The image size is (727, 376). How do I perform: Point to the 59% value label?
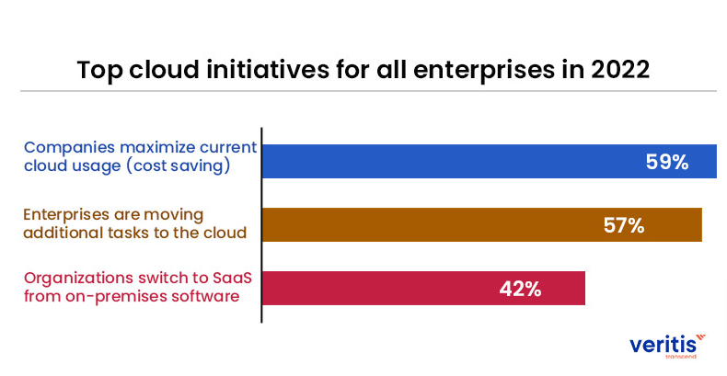coord(666,162)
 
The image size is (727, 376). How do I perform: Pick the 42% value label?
coord(520,288)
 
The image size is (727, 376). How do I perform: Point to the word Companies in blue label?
coord(63,147)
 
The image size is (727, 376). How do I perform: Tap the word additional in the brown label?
coord(61,232)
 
